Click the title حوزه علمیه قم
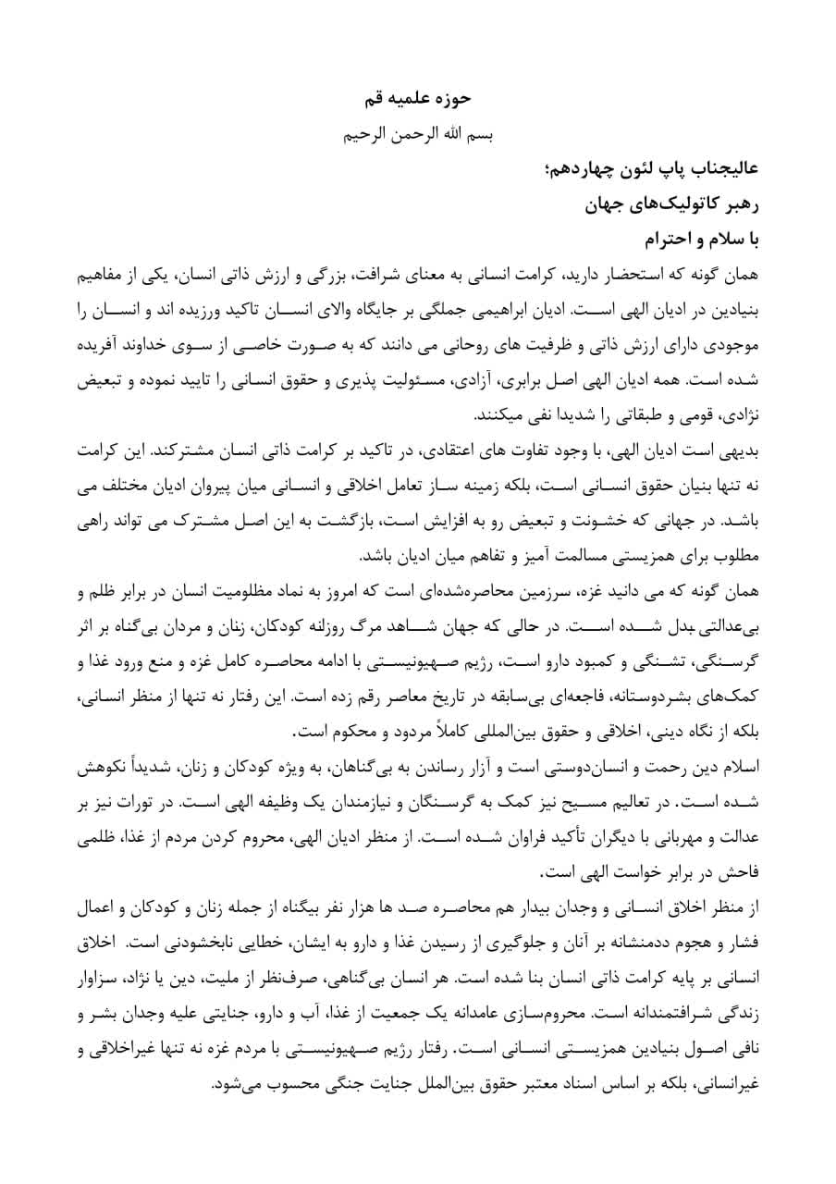[418, 96]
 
